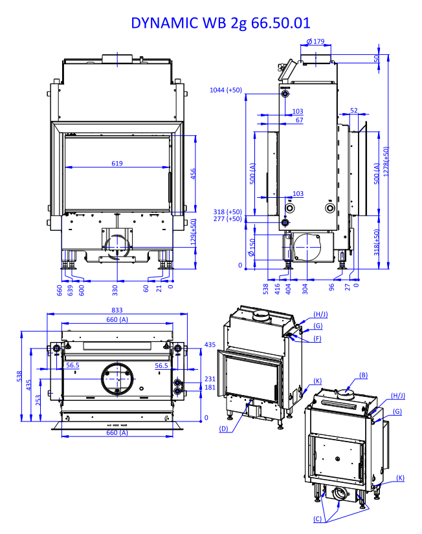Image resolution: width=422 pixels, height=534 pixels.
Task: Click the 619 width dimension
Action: click(x=117, y=164)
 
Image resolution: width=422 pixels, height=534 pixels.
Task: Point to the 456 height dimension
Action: click(x=192, y=174)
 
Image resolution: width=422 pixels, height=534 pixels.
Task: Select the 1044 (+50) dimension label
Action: click(x=226, y=90)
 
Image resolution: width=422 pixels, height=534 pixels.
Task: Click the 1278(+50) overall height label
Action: click(x=387, y=162)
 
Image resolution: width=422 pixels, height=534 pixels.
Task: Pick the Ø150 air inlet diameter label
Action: click(x=252, y=246)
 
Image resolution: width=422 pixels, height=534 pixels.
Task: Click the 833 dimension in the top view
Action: click(x=117, y=310)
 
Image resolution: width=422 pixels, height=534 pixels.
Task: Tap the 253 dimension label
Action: click(x=38, y=401)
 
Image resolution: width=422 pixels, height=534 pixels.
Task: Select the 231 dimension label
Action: click(x=209, y=379)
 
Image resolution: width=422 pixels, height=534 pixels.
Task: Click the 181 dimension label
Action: click(x=209, y=387)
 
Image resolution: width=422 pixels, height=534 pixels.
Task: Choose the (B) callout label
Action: click(x=363, y=374)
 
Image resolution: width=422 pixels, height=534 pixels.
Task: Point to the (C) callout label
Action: click(x=318, y=519)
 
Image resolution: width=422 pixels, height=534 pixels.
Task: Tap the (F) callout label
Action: click(x=318, y=338)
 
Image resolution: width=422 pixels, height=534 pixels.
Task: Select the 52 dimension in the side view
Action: click(x=353, y=111)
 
